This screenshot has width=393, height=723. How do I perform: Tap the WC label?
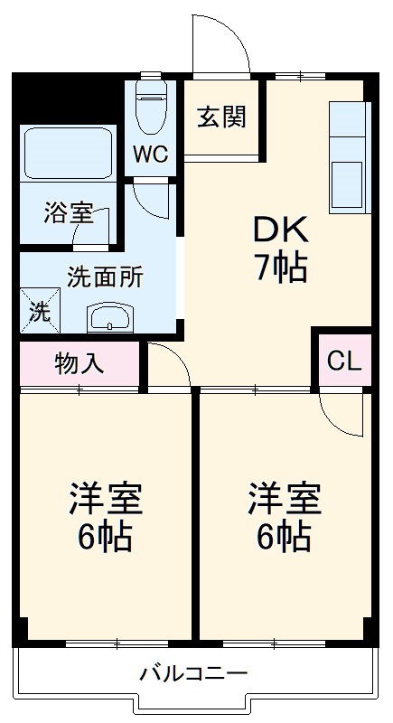pos(151,154)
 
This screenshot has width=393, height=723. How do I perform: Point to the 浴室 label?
pos(69,213)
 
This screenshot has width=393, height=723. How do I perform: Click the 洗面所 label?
pos(105,277)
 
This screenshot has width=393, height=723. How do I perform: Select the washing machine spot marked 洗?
pos(40,312)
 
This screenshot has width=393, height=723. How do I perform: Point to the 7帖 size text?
pos(280,268)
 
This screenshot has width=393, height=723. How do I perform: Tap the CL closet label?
pos(343,361)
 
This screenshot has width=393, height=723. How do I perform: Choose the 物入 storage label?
pos(80,363)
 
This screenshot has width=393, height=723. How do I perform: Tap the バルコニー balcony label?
pos(193,674)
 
